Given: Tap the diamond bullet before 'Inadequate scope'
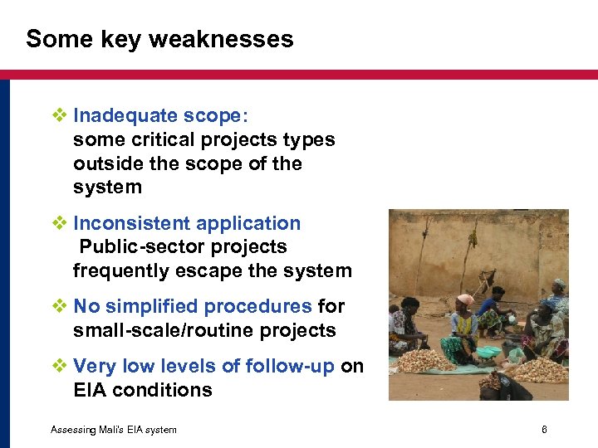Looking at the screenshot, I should [58, 115].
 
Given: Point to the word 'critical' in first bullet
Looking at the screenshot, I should [149, 139].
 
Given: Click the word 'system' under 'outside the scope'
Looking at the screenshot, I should [107, 187].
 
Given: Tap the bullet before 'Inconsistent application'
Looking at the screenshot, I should [58, 223].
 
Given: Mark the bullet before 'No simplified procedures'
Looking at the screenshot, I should [58, 306].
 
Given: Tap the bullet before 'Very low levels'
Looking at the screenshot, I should [58, 366].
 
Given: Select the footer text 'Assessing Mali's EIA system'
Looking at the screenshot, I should [113, 429].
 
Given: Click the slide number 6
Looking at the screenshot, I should [544, 429].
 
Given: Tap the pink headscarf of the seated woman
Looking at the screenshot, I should [465, 299].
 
